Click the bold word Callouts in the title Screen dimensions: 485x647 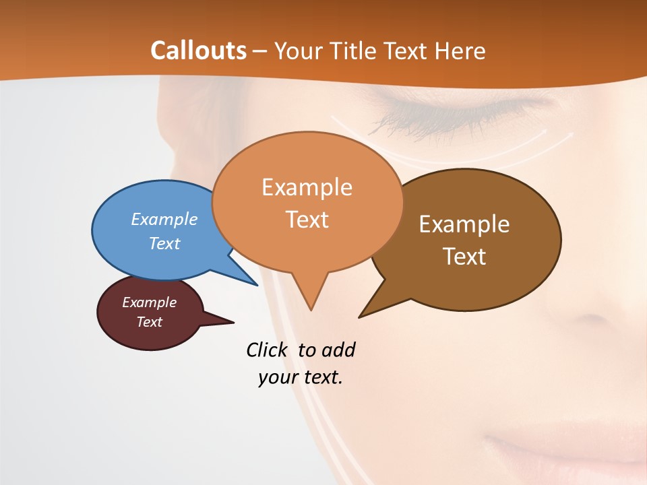point(198,51)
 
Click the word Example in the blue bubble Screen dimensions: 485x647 point(164,220)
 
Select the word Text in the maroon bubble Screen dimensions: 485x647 point(149,322)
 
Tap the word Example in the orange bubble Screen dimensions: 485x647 point(307,187)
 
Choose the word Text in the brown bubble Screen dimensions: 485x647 point(464,257)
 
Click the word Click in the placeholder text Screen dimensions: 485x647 point(268,350)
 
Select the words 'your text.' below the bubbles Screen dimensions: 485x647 point(301,377)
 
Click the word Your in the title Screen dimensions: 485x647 point(300,51)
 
